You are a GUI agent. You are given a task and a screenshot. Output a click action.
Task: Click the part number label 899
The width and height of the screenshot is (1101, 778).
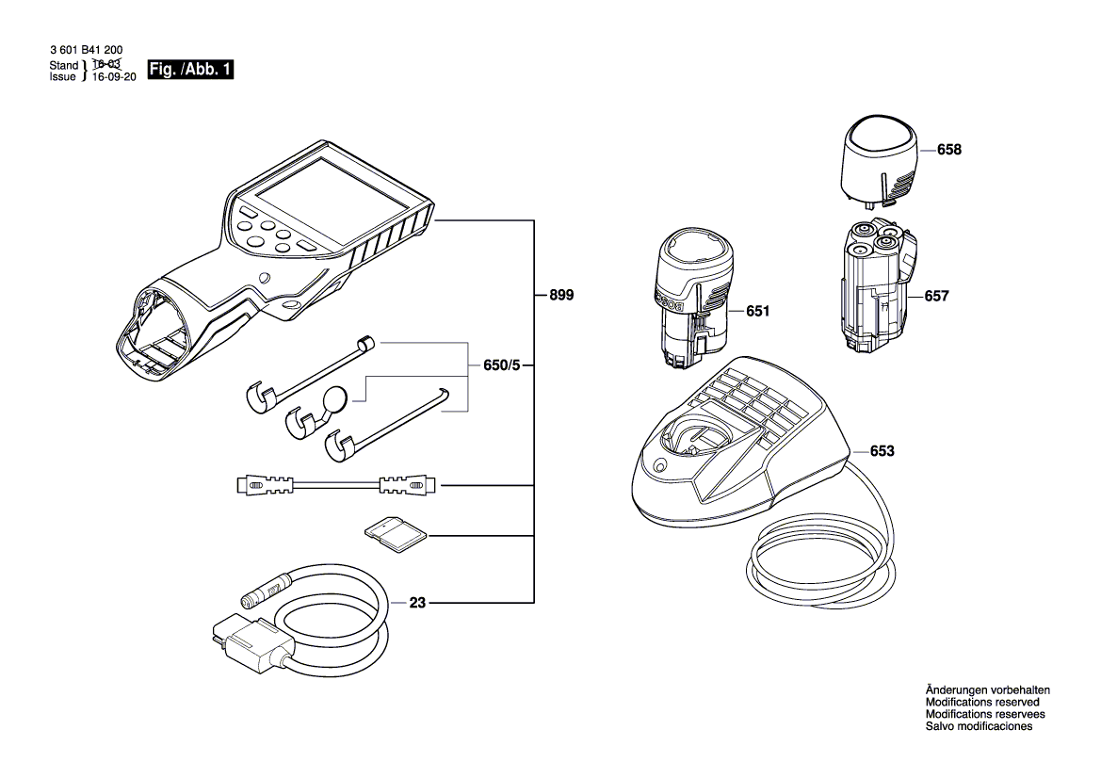pyautogui.click(x=561, y=295)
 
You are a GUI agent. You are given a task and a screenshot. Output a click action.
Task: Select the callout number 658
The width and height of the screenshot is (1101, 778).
pyautogui.click(x=949, y=150)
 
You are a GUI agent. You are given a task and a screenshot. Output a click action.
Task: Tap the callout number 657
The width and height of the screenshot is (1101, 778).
pyautogui.click(x=936, y=296)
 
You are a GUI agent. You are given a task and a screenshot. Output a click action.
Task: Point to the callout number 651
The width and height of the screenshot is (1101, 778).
pyautogui.click(x=757, y=310)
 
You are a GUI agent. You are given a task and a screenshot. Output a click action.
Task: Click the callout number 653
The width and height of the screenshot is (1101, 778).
pyautogui.click(x=882, y=451)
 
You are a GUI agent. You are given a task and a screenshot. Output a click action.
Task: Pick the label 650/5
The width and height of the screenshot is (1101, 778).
pyautogui.click(x=500, y=365)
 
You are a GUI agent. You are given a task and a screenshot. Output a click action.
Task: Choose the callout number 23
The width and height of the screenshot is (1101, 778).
pyautogui.click(x=417, y=602)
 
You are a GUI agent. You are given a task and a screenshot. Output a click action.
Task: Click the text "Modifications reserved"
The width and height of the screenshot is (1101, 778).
pyautogui.click(x=982, y=702)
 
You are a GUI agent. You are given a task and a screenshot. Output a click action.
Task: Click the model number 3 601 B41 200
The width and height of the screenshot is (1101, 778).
pyautogui.click(x=86, y=51)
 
